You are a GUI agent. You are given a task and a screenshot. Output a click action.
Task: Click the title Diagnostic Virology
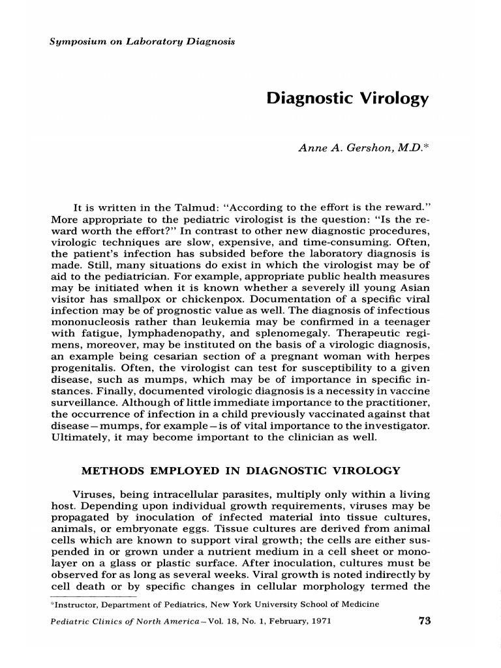(347, 99)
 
